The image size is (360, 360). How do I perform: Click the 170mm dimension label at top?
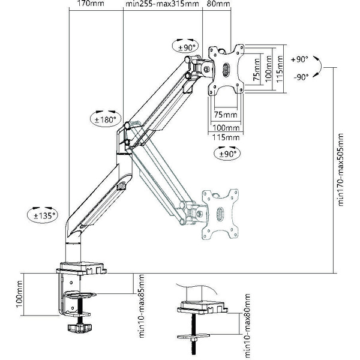(91, 4)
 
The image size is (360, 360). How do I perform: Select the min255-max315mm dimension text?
(162, 4)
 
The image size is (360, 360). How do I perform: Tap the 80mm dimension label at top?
(218, 4)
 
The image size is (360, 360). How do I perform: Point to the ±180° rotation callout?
(105, 119)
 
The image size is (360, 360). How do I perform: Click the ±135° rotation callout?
(43, 215)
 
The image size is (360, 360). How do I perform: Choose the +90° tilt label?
(299, 59)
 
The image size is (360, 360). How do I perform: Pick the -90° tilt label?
(301, 77)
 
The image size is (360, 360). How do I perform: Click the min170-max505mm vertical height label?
(340, 169)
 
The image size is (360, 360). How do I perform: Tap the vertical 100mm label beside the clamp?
(19, 295)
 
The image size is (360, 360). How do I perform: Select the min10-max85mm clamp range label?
(142, 306)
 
